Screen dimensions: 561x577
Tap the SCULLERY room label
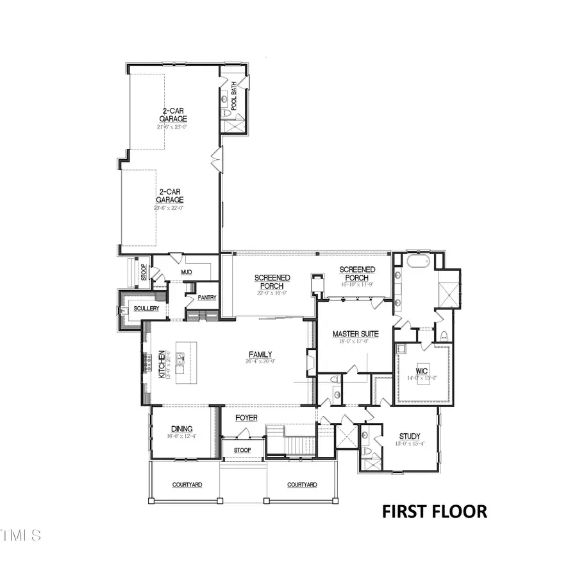click(x=146, y=309)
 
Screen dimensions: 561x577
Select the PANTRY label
click(x=206, y=298)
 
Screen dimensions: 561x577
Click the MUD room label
click(x=187, y=273)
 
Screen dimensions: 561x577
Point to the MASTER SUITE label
click(x=355, y=334)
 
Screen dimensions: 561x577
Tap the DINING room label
click(x=182, y=429)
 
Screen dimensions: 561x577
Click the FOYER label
click(x=246, y=418)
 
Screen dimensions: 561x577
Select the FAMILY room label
click(x=261, y=354)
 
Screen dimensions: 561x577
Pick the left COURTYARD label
click(x=187, y=485)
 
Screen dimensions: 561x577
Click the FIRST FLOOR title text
click(x=434, y=512)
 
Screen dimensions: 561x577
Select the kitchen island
click(x=183, y=363)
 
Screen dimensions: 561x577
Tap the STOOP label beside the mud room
click(x=143, y=272)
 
